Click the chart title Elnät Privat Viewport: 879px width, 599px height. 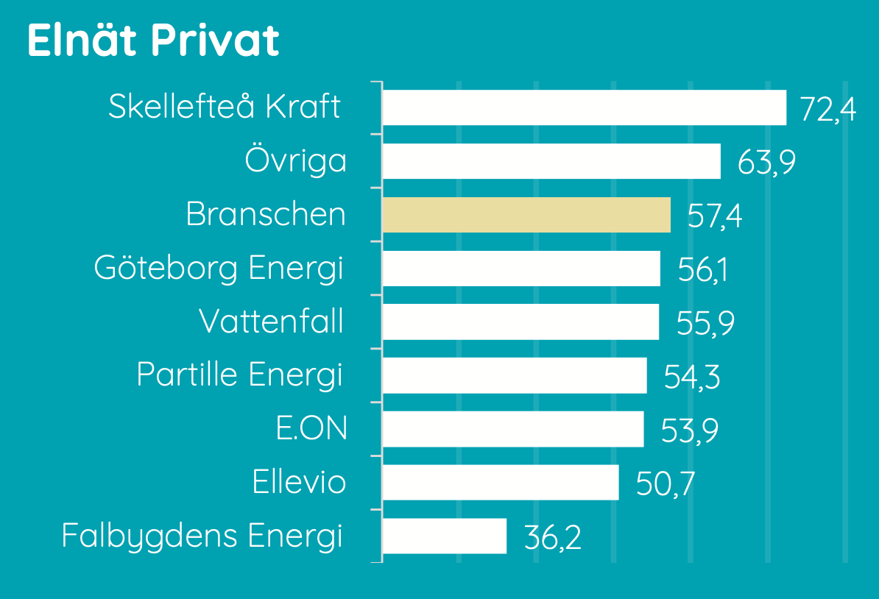pos(153,40)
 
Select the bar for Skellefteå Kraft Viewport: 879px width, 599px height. pos(585,107)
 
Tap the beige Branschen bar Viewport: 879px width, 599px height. pos(526,215)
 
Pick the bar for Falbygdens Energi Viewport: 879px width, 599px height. pos(445,536)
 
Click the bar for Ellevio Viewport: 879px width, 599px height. pos(501,483)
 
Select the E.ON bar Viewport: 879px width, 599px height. pos(513,429)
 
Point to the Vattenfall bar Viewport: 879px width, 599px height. pos(520,322)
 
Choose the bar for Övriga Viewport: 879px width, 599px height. pos(551,161)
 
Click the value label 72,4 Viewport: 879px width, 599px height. pos(828,109)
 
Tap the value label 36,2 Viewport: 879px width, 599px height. pos(553,537)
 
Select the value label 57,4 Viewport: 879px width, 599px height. pos(715,216)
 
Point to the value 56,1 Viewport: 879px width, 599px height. pos(702,269)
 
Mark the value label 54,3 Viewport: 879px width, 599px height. pos(692,377)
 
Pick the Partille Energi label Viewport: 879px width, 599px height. pos(239,375)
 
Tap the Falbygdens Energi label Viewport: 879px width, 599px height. pos(202,536)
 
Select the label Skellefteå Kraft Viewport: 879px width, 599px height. pos(225,106)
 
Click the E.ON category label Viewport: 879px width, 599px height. pos(311,429)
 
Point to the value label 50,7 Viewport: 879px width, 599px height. pos(666,483)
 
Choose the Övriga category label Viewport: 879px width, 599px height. pos(295,160)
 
